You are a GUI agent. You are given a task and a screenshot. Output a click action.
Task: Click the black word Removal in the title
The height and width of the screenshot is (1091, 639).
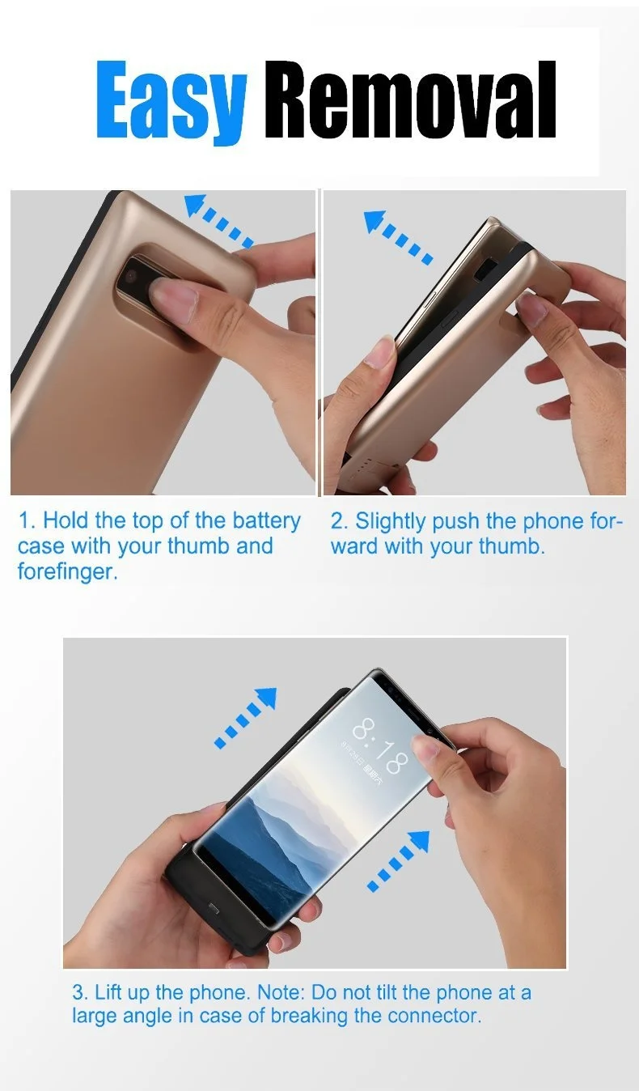[410, 99]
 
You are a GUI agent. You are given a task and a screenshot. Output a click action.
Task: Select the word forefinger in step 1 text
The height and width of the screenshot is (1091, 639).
[68, 571]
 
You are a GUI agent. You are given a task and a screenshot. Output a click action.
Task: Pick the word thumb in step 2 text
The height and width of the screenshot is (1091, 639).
[511, 546]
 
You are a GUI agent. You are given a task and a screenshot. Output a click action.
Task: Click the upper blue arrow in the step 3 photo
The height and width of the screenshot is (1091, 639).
[246, 717]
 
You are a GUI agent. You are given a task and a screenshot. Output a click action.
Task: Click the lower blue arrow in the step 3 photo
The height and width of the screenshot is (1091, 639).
[399, 860]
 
